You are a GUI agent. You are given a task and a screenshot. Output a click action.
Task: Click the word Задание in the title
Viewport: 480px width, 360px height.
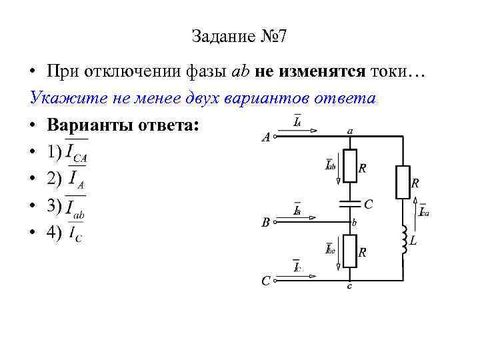[221, 36]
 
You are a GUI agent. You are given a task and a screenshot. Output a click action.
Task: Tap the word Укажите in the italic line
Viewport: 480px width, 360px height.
[58, 99]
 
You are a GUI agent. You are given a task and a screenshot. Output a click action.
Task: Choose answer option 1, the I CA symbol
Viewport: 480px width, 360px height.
[77, 153]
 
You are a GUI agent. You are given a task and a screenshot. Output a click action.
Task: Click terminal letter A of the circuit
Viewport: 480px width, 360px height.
[265, 138]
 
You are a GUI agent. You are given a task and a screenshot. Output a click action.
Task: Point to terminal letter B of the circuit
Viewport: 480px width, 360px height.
[265, 223]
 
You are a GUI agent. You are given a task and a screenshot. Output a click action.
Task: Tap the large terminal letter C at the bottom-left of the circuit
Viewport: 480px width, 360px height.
[265, 281]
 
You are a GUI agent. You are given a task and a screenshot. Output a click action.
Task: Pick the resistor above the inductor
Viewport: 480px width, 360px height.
[402, 181]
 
